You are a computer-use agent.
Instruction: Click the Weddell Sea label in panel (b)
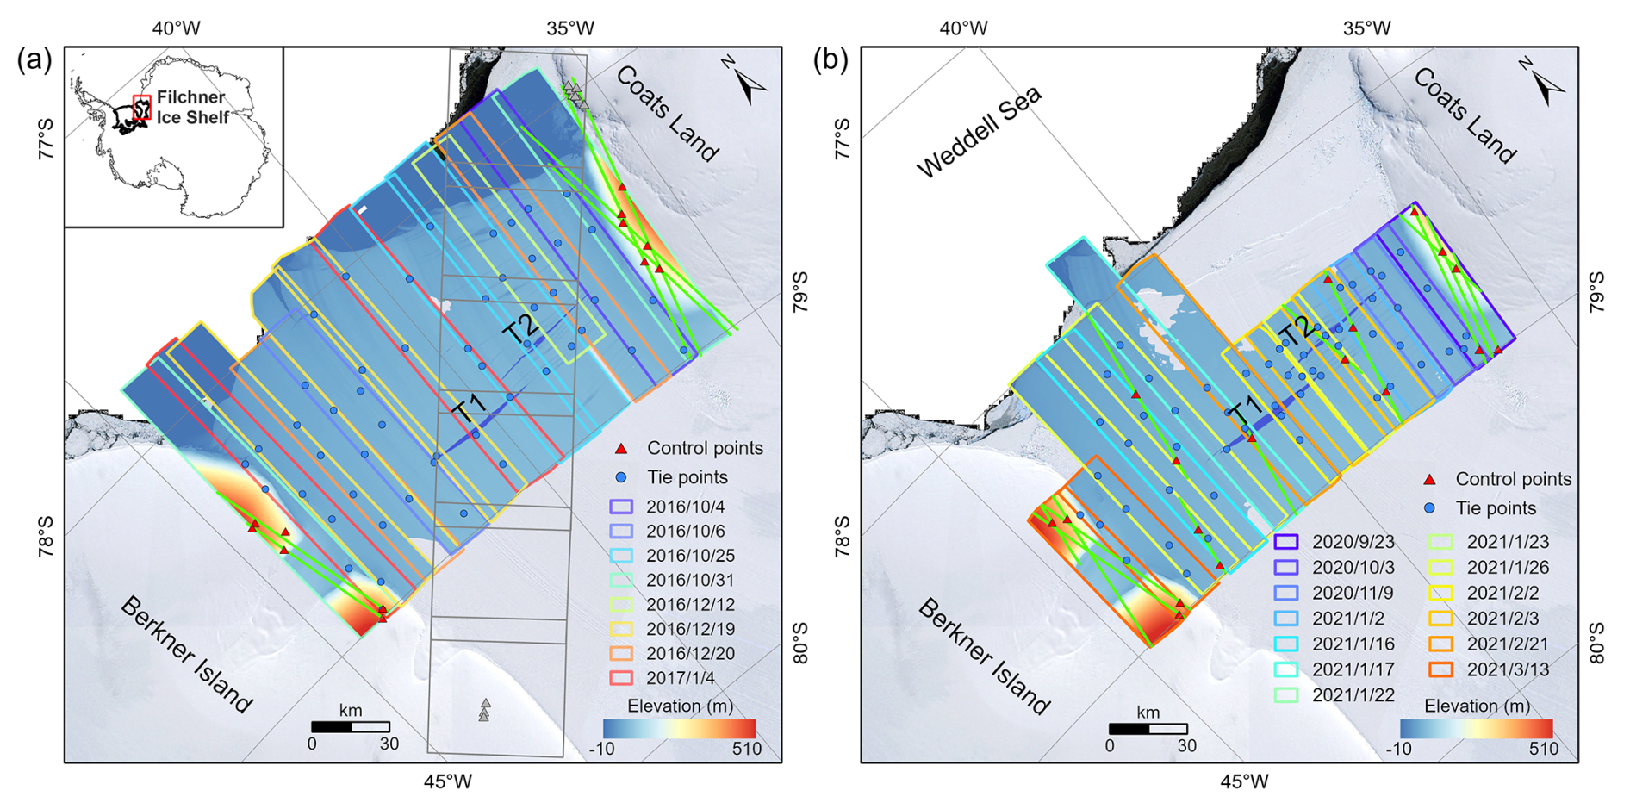(979, 132)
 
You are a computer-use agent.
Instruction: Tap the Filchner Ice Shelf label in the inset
(192, 107)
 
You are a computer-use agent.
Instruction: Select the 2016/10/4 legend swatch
(621, 507)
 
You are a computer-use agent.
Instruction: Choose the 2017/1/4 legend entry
(681, 678)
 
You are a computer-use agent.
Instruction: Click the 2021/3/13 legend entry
(1508, 669)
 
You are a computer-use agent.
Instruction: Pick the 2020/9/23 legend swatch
(1285, 542)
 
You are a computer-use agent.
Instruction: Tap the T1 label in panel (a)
(470, 407)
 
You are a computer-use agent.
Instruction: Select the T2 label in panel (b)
(1297, 329)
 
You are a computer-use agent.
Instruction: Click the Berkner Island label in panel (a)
(186, 655)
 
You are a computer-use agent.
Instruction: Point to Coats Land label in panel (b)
(1464, 115)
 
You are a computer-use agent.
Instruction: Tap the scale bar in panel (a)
(351, 727)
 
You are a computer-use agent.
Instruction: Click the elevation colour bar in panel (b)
(1476, 728)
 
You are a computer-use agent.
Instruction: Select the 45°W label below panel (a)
(447, 782)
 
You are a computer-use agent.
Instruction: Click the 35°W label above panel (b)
(1366, 28)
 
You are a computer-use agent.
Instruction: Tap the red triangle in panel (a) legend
(621, 449)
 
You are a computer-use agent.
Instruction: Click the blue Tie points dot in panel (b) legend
(1430, 508)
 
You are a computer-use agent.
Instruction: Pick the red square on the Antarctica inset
(142, 107)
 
